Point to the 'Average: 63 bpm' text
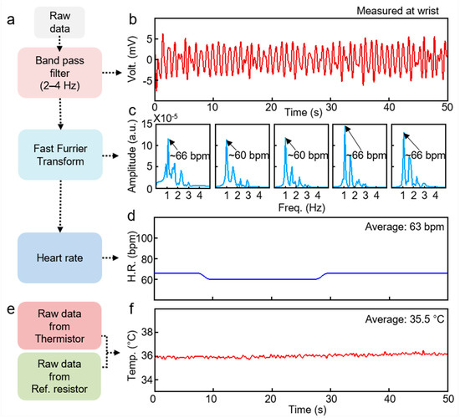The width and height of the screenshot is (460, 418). point(405,228)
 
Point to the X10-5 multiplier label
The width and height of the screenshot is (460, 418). point(169,119)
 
